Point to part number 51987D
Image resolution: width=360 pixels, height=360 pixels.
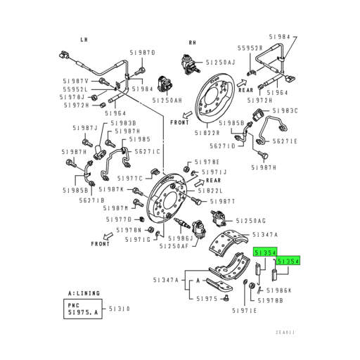[x=142, y=53]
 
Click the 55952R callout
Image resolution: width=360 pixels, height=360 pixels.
[x=250, y=48]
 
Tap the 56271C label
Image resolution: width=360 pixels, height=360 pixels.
[x=148, y=151]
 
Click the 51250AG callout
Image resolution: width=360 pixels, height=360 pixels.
[x=250, y=220]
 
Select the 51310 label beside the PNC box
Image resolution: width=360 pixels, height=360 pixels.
[x=119, y=309]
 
